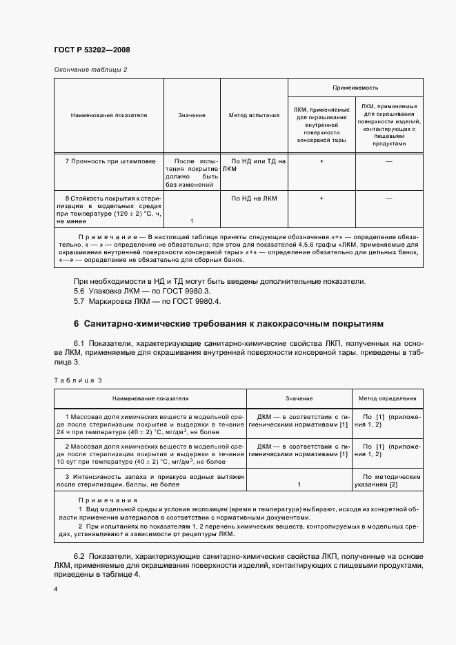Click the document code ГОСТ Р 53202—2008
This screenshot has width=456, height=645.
(92, 50)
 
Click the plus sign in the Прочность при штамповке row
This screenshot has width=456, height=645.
(321, 161)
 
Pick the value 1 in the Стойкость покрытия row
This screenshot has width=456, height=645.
(191, 221)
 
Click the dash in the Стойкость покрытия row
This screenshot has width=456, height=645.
(389, 198)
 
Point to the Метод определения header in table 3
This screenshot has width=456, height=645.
(387, 398)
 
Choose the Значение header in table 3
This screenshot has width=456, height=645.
(299, 398)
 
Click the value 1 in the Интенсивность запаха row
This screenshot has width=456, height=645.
(299, 485)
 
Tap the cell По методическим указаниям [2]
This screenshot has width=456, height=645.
(387, 481)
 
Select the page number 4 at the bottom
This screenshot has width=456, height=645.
(55, 590)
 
